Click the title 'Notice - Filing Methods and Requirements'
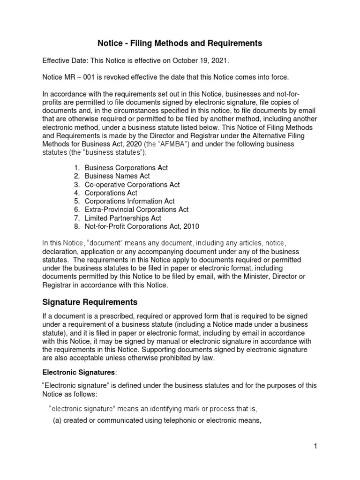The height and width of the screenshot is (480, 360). [180, 44]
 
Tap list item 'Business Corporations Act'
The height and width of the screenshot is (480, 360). [126, 168]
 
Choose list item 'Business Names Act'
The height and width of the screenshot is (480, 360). [117, 176]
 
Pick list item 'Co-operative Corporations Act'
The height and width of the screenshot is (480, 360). [132, 185]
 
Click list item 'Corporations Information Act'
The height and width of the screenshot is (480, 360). [129, 201]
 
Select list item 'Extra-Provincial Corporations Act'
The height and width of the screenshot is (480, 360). [136, 210]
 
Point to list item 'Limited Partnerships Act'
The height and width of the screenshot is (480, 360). [123, 218]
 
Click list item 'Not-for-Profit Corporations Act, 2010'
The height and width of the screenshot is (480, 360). [142, 226]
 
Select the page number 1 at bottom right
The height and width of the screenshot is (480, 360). [316, 446]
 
